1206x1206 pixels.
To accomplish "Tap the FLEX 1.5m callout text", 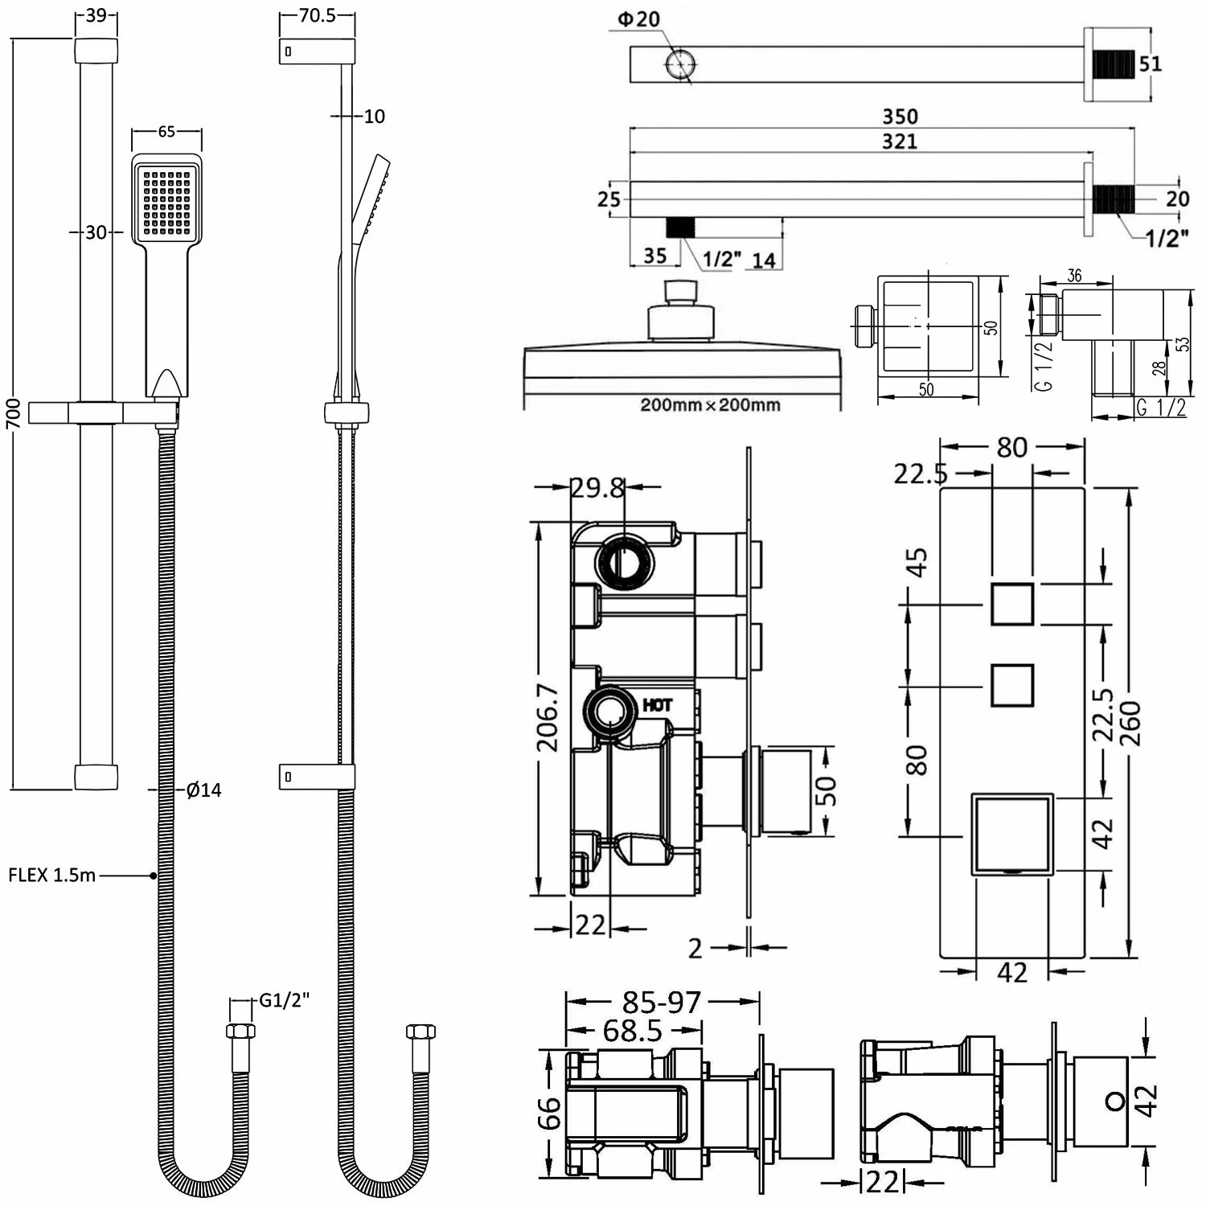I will click(x=52, y=875).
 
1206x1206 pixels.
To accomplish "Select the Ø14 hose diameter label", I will click(x=203, y=790).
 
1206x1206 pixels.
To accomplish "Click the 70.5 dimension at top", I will click(x=317, y=16).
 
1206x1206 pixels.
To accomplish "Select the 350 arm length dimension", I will click(x=900, y=117).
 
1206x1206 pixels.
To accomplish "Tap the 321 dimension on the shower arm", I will click(x=900, y=142).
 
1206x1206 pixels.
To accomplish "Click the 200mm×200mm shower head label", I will click(x=710, y=404).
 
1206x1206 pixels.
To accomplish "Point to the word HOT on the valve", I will click(x=658, y=705).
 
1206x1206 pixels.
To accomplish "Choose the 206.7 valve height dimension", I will click(x=548, y=718).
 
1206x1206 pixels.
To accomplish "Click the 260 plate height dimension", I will click(x=1130, y=723).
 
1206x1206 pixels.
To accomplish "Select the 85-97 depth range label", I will click(x=662, y=1003).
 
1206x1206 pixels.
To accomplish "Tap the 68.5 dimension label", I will click(x=633, y=1031).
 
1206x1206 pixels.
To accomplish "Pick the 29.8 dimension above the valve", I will click(x=597, y=487).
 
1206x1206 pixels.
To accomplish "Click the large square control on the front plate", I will click(x=1012, y=834).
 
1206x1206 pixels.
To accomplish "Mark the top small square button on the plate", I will click(x=1012, y=604).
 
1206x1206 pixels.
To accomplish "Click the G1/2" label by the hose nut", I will click(x=285, y=1001).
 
